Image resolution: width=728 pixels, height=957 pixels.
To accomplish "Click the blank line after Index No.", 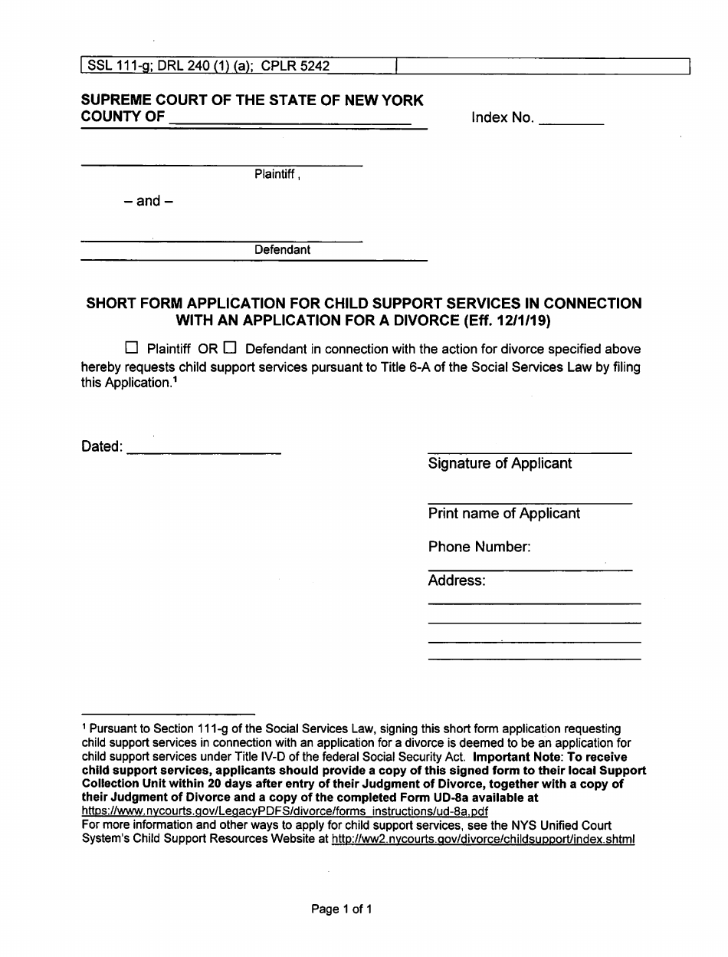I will click(x=571, y=123).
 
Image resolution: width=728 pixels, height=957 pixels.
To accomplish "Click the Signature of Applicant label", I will click(x=500, y=464).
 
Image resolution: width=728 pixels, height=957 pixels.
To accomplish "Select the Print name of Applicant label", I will click(x=503, y=514).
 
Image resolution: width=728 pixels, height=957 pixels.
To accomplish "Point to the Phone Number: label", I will click(x=479, y=548).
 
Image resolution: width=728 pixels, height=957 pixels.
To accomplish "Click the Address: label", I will click(x=457, y=581).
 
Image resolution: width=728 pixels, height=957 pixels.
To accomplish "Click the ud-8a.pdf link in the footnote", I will click(x=284, y=811).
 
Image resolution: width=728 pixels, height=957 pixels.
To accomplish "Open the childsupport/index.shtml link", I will click(x=483, y=840).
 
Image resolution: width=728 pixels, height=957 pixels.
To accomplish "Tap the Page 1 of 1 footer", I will click(x=342, y=910).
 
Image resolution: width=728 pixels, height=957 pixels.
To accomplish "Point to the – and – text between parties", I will click(x=148, y=202).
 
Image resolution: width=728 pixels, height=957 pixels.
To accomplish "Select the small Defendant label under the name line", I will click(x=283, y=250).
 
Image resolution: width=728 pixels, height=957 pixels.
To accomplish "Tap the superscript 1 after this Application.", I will click(x=175, y=379).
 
